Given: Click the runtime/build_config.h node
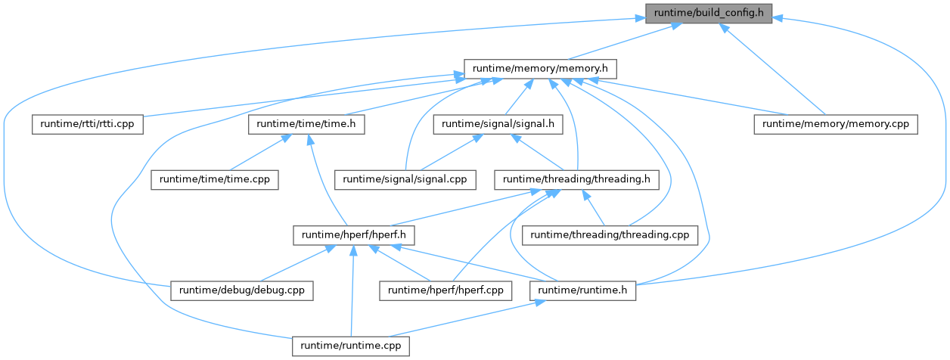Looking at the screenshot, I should [x=708, y=13].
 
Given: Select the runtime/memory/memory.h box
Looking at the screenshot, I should [x=539, y=69].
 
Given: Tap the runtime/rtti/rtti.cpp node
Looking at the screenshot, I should [x=88, y=124].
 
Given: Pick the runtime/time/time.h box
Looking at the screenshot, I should [x=306, y=124].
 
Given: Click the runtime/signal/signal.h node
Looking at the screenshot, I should [x=497, y=124].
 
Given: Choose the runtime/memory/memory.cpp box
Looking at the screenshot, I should [x=835, y=124].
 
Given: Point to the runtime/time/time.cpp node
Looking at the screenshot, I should [x=214, y=180].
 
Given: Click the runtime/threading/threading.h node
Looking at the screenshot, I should [x=576, y=180].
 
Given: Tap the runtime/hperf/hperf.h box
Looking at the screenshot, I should [x=346, y=235].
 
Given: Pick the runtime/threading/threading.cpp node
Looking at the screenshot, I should [x=610, y=235].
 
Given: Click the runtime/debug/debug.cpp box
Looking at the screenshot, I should [x=242, y=290].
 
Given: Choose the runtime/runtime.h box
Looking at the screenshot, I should [x=583, y=290].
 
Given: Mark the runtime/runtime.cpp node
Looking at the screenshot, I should [x=351, y=346].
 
